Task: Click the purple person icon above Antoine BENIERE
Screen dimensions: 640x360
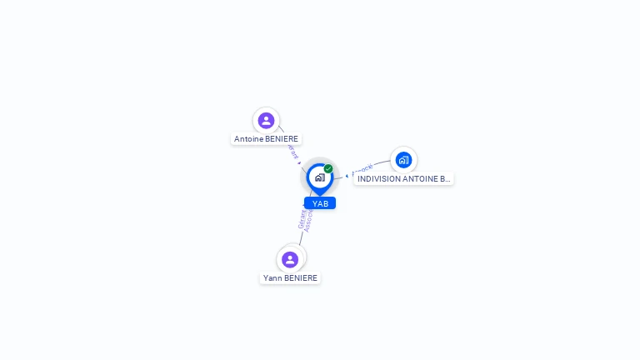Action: click(266, 121)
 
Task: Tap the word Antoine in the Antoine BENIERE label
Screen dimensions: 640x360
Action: click(249, 139)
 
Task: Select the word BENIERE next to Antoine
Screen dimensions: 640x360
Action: click(282, 139)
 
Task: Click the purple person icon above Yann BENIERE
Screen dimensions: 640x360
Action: click(290, 259)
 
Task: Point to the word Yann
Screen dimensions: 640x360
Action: click(272, 278)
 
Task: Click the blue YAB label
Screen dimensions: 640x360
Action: click(320, 203)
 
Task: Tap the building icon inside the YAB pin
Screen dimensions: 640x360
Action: click(319, 177)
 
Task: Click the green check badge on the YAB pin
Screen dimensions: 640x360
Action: click(328, 168)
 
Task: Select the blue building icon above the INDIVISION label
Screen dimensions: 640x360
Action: click(403, 159)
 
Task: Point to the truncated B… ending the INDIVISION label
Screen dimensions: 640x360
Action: click(446, 179)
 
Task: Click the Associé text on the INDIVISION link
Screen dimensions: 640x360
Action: click(362, 169)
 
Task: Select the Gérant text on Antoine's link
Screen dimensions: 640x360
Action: click(292, 151)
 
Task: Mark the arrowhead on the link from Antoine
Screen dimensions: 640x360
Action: click(299, 162)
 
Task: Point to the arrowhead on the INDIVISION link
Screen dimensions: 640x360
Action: click(347, 176)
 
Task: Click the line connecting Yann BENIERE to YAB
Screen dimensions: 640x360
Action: click(301, 238)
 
